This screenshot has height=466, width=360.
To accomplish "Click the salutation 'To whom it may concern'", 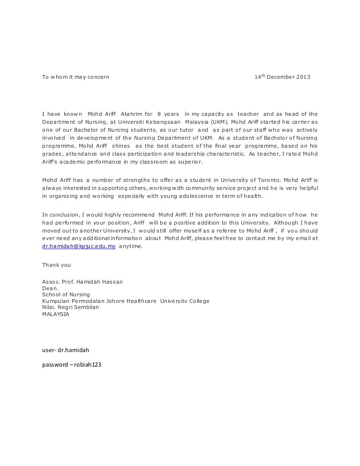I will [75, 77].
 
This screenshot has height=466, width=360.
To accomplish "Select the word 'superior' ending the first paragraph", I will [189, 161].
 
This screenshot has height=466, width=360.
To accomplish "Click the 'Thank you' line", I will [57, 265].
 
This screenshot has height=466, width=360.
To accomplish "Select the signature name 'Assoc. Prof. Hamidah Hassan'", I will [82, 282].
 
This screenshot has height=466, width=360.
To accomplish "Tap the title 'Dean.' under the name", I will [51, 288].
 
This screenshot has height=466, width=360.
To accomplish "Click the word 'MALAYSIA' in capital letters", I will [56, 314].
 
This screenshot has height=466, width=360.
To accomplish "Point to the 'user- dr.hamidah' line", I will [66, 350].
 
